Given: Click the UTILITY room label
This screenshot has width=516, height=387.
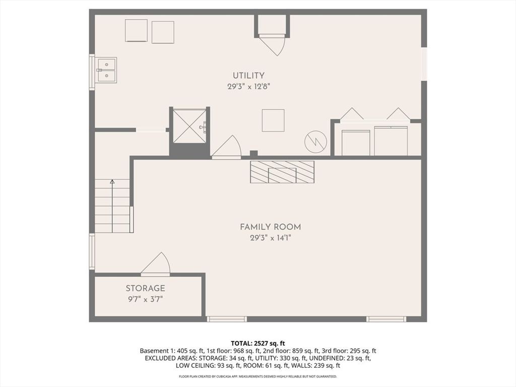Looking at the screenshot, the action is [248, 76].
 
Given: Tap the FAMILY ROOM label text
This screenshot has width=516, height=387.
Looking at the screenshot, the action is [270, 227].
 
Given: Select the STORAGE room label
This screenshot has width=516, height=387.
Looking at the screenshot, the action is [145, 288].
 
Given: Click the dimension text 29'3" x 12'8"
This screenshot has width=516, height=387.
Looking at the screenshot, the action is [248, 87].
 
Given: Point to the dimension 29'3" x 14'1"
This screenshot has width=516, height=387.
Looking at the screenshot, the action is [271, 238].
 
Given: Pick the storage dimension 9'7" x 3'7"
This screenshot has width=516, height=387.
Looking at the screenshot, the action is [145, 299].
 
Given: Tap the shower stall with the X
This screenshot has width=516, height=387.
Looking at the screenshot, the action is [189, 126].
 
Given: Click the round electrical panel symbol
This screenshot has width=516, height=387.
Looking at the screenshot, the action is [315, 142].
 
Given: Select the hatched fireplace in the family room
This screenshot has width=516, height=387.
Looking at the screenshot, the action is [282, 172].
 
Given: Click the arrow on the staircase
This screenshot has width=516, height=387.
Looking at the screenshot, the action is [112, 206].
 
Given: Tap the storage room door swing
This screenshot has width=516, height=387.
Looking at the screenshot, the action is [156, 264].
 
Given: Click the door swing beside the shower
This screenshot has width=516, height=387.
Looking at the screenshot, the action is [226, 147].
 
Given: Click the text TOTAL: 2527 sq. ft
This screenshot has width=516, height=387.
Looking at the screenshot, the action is [257, 344].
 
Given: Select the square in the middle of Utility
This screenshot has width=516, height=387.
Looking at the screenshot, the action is [273, 120].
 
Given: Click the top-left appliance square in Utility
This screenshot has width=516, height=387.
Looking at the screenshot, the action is [136, 30].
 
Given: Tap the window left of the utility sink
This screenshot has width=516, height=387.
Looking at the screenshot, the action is [92, 72].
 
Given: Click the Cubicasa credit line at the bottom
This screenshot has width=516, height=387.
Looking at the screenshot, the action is [257, 376].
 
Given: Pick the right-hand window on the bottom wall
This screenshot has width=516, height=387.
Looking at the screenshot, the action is [386, 319].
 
